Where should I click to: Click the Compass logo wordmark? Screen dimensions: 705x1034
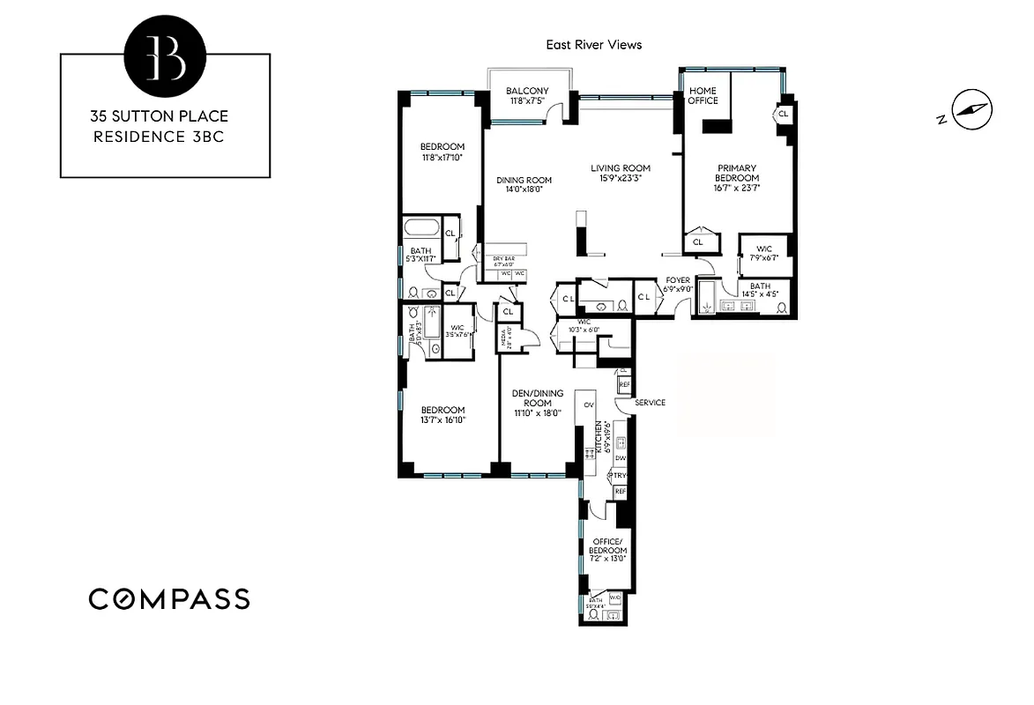169,599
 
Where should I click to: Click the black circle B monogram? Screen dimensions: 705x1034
165,56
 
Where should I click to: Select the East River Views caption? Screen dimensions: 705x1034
594,44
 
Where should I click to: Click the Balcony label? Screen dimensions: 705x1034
527,91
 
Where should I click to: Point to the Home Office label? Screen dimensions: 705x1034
703,95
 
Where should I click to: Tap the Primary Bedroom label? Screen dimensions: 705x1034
737,173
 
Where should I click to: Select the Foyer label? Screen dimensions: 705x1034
678,280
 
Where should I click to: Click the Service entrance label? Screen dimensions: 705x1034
650,403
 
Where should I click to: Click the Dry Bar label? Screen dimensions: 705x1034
502,258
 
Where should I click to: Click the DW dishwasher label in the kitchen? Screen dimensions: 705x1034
621,458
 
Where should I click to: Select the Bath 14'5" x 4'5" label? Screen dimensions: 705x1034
760,290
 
